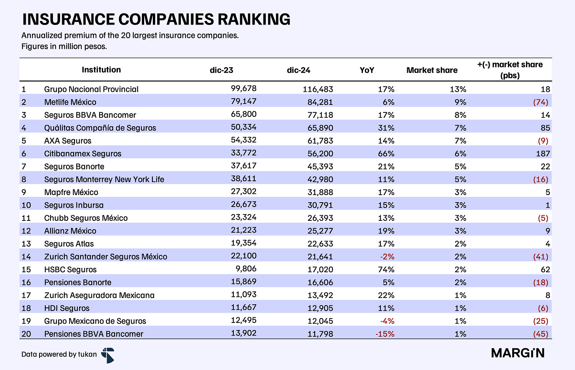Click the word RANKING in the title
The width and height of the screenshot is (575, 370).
pyautogui.click(x=254, y=19)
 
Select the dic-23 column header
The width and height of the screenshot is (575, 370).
pyautogui.click(x=221, y=70)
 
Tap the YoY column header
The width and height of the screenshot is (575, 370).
pyautogui.click(x=367, y=70)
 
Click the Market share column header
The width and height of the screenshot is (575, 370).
pyautogui.click(x=432, y=70)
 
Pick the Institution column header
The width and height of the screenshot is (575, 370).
pyautogui.click(x=101, y=70)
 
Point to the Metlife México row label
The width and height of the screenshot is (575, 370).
pyautogui.click(x=70, y=102)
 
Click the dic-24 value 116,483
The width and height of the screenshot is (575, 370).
pyautogui.click(x=318, y=89)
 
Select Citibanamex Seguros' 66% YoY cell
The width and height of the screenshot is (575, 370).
pyautogui.click(x=386, y=154)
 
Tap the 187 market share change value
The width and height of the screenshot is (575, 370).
pyautogui.click(x=543, y=154)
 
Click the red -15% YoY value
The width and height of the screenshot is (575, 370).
pyautogui.click(x=385, y=334)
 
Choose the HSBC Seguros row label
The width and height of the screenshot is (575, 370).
pyautogui.click(x=70, y=269)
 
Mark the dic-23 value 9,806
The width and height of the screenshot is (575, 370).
pyautogui.click(x=246, y=269)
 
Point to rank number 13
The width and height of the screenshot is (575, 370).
pyautogui.click(x=26, y=244)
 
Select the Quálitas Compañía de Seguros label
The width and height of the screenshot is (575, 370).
pyautogui.click(x=100, y=128)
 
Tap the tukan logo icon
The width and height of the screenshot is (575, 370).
pyautogui.click(x=108, y=355)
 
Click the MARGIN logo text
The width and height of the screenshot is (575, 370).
pyautogui.click(x=518, y=353)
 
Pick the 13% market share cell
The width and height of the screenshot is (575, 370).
pyautogui.click(x=458, y=89)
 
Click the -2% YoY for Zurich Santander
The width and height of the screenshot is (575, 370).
pyautogui.click(x=387, y=257)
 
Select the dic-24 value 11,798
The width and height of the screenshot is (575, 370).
pyautogui.click(x=320, y=334)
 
